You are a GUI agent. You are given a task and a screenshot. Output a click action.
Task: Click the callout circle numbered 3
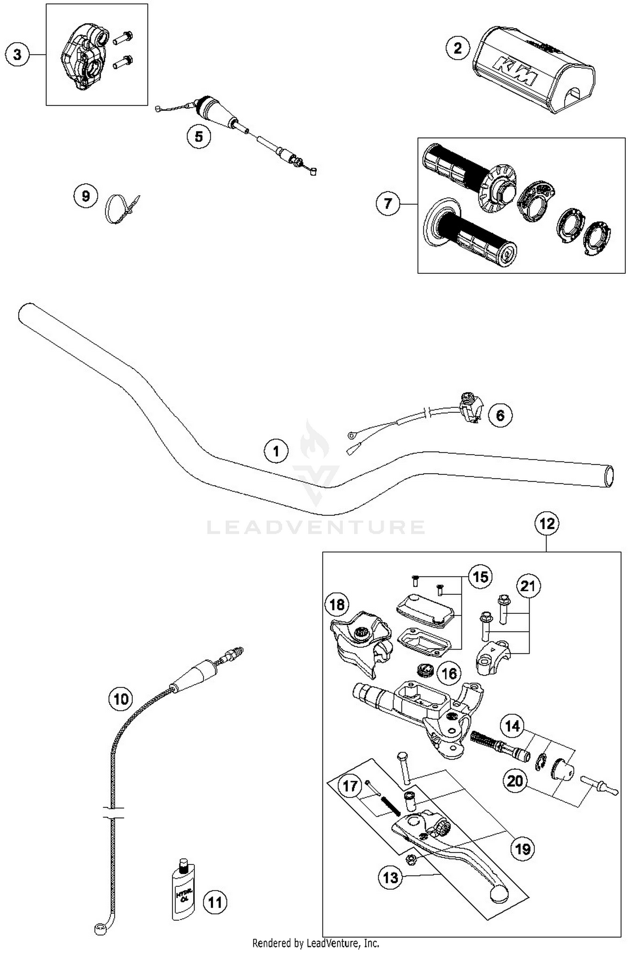click(x=17, y=54)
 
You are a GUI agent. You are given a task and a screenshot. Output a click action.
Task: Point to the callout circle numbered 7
click(x=388, y=204)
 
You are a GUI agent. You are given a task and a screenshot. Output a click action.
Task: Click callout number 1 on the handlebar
click(x=276, y=452)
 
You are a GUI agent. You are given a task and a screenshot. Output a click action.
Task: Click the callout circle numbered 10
click(x=121, y=699)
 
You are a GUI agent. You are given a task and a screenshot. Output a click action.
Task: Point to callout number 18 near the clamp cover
click(x=337, y=605)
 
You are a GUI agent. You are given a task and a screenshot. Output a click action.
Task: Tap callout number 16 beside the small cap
click(x=449, y=673)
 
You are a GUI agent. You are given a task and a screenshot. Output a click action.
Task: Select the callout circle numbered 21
click(x=528, y=586)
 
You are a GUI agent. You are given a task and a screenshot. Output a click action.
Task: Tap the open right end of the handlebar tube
click(x=608, y=476)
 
